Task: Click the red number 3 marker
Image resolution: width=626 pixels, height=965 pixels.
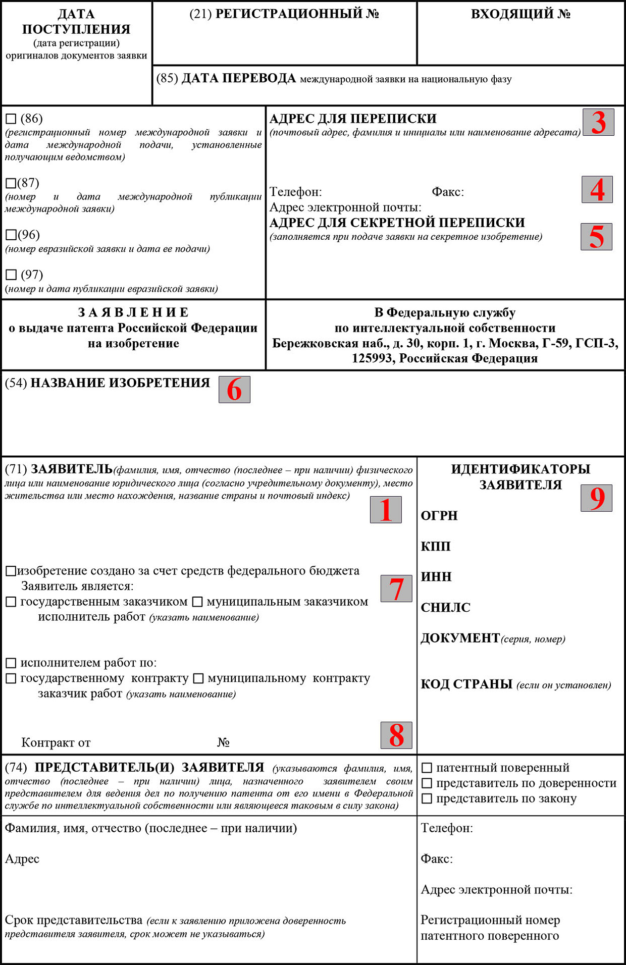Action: tap(598, 122)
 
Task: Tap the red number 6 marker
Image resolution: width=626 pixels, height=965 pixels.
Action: tap(234, 390)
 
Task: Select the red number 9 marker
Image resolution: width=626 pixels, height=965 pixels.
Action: tap(597, 498)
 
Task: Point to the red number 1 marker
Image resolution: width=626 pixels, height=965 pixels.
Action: tap(386, 510)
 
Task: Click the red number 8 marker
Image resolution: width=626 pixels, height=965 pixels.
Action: tap(396, 735)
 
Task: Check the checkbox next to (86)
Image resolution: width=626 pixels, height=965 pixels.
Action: tap(11, 119)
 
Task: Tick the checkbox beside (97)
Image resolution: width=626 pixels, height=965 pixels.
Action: tap(11, 275)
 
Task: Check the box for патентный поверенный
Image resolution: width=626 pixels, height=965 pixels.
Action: tap(427, 768)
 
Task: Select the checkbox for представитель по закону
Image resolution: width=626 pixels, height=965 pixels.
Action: tap(427, 798)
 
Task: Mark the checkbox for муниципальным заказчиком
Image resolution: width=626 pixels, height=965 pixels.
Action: tap(197, 602)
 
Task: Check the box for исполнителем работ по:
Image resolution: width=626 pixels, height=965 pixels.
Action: tap(11, 663)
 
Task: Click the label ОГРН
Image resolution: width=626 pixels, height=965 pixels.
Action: tap(439, 515)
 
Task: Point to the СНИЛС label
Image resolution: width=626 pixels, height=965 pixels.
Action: tap(445, 607)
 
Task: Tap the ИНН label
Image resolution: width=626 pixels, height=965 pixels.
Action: tap(436, 576)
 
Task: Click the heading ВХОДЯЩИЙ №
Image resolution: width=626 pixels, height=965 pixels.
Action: tap(520, 14)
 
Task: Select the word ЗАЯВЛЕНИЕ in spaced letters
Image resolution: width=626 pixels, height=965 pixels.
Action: tap(133, 312)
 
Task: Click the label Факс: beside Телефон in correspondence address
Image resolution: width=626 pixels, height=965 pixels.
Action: tap(448, 192)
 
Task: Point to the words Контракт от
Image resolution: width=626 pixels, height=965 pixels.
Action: tap(56, 742)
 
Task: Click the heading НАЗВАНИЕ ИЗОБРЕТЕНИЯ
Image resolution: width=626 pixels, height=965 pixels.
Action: tap(120, 383)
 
